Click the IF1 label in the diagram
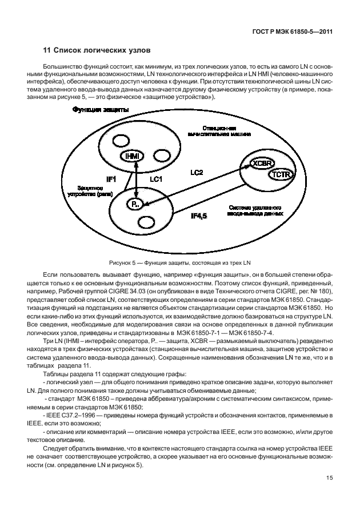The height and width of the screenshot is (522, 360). click(x=111, y=180)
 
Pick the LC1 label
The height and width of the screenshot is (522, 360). click(x=157, y=180)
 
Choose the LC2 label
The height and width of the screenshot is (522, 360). click(x=197, y=172)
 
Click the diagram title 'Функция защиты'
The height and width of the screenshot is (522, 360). click(x=100, y=109)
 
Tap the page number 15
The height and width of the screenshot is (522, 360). click(x=330, y=478)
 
